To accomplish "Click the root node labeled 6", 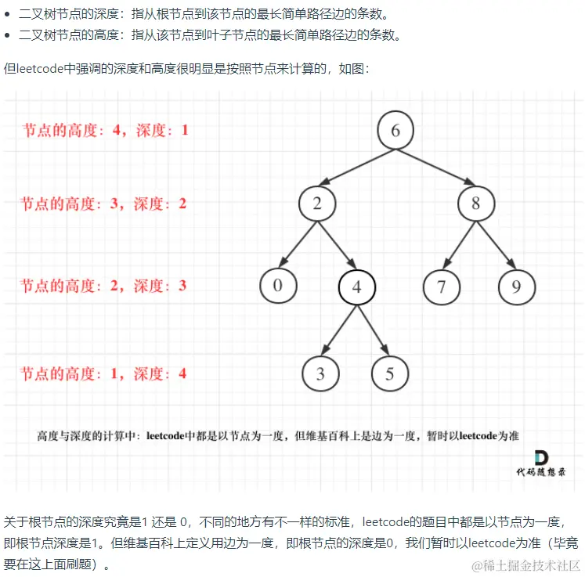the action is click(395, 130).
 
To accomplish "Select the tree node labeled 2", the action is click(317, 204).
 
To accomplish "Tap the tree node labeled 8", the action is click(477, 204).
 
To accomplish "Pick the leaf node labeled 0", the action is click(278, 286).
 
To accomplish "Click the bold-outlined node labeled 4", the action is click(357, 287).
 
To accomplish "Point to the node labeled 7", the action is click(442, 287).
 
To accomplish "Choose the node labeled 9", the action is click(517, 287).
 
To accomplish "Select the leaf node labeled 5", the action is click(390, 373).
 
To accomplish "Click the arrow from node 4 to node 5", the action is click(374, 330).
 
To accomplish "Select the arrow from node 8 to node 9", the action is click(497, 244).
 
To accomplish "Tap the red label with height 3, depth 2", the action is click(103, 204).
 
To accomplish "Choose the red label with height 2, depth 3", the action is click(103, 286).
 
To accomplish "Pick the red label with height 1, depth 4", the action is click(103, 373).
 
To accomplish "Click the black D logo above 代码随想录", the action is click(540, 456).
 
